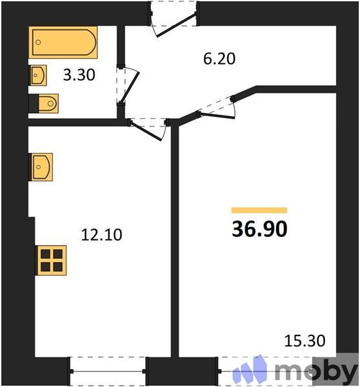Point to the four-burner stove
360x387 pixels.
click(51, 259)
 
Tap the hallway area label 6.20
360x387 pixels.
click(219, 60)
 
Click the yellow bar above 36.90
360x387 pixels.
click(259, 210)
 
